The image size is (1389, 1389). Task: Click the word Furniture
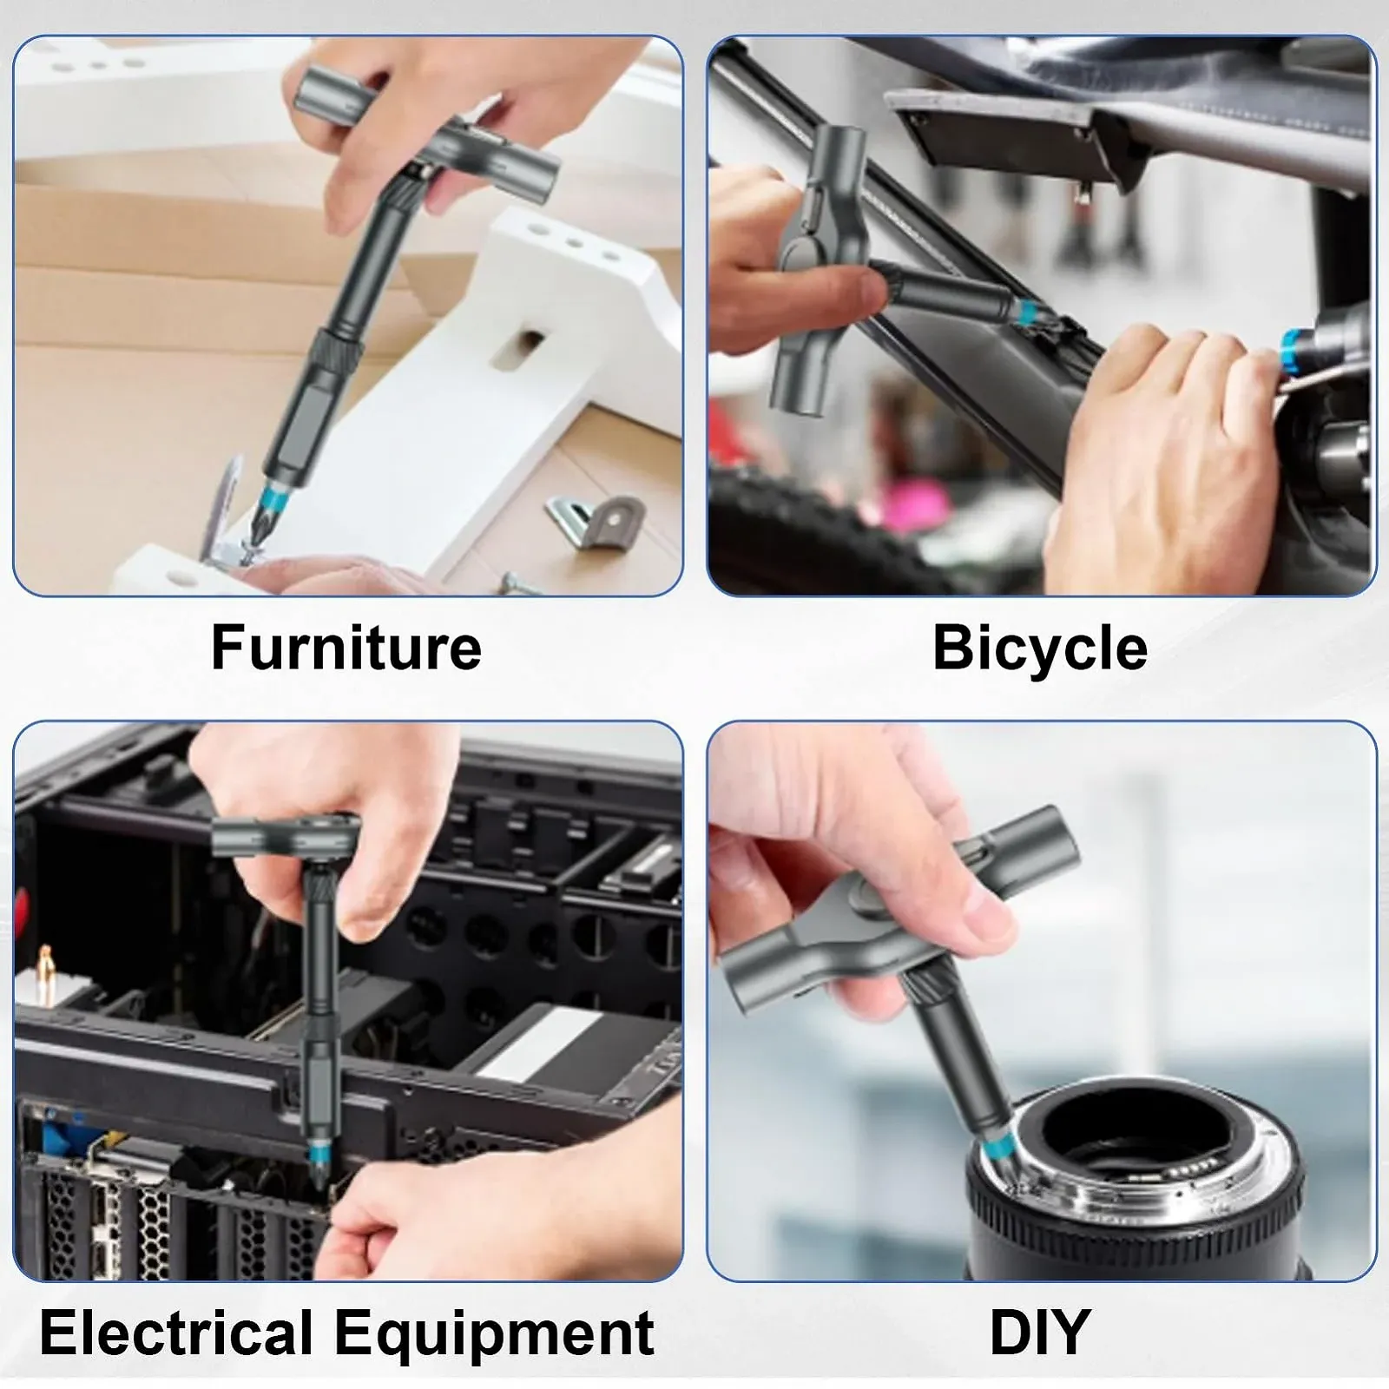(346, 648)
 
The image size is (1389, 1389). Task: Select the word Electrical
(176, 1332)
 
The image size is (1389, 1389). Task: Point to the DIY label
(1040, 1332)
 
